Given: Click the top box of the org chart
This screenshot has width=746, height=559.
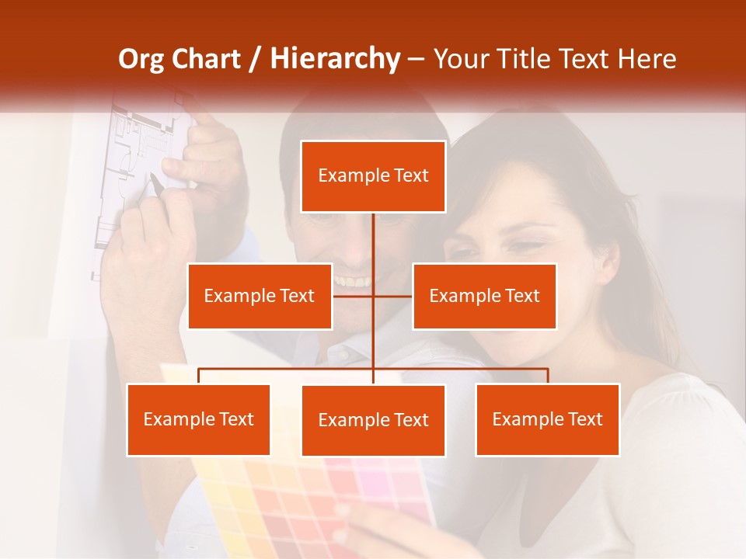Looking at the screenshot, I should coord(373,176).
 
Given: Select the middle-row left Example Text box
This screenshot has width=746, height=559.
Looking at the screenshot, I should coord(260,296).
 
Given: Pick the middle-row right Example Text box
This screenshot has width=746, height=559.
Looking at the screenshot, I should coord(484,296).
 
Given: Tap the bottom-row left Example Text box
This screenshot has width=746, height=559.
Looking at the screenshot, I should coord(198,419).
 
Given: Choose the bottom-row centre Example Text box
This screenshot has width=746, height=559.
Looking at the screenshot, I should coord(373,420).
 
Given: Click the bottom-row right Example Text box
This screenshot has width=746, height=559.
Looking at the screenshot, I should coord(547,419).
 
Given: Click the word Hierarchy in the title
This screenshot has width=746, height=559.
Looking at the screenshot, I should coord(335,59).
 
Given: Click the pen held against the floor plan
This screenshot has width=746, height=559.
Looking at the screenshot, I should coord(155,184).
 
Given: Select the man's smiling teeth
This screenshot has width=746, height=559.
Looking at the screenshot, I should coord(354,281).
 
